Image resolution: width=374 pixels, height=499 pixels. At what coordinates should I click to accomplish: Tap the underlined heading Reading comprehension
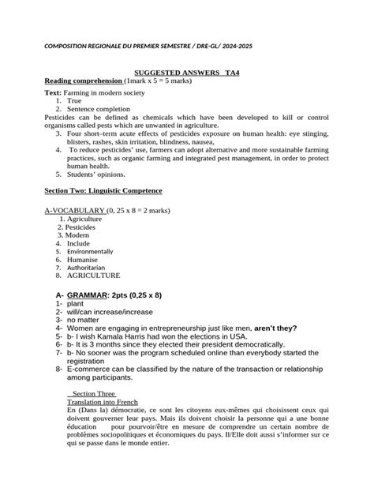tap(83, 81)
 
